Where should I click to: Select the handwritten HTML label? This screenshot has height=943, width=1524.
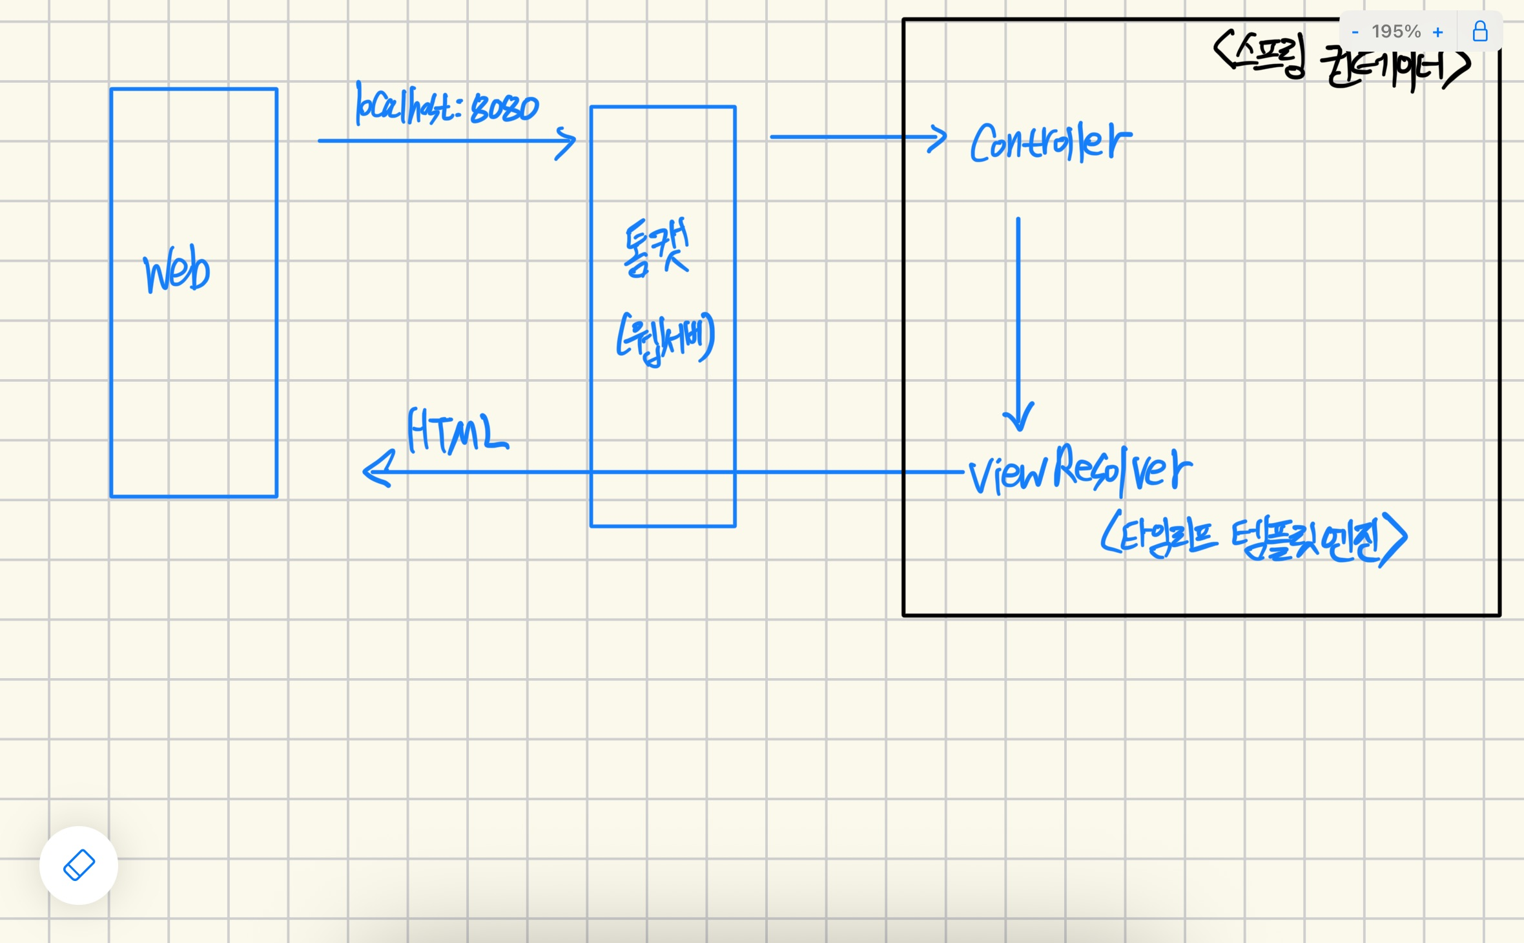[457, 431]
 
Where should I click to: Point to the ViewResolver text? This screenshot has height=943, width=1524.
[1080, 471]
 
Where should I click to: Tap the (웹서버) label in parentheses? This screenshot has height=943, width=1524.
[666, 338]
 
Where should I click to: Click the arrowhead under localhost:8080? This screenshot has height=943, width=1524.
[566, 142]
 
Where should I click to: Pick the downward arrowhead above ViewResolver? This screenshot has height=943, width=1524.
[1018, 417]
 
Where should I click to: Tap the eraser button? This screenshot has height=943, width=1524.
[79, 865]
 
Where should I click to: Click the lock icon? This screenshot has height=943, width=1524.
[1480, 31]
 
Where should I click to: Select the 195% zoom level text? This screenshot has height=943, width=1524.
[1396, 32]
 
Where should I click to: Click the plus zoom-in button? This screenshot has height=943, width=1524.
[1437, 32]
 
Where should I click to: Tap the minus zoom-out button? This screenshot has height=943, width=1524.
[1355, 32]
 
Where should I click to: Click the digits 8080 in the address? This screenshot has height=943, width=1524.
[504, 109]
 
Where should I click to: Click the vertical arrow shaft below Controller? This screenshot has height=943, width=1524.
[1018, 310]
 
